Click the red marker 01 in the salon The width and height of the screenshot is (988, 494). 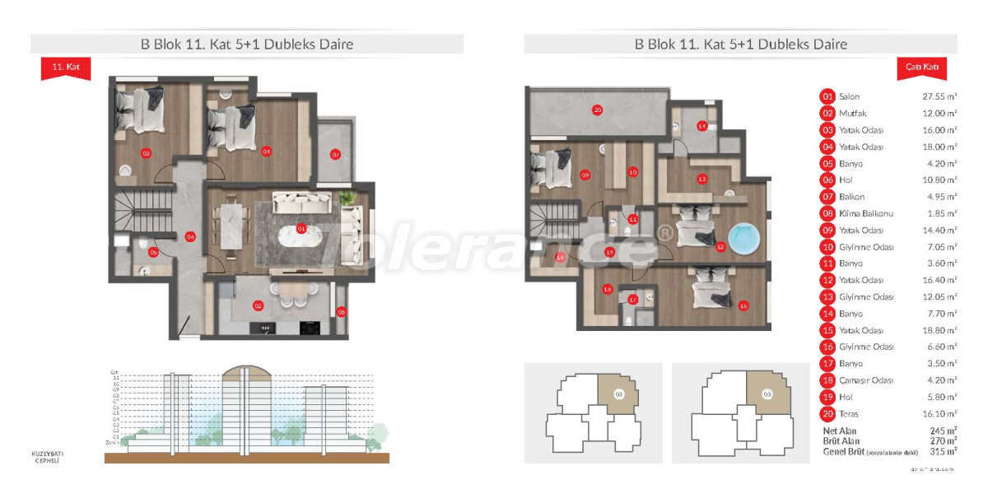click(301, 228)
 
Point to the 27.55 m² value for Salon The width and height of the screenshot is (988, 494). click(939, 96)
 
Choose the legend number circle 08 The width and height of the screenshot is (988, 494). click(827, 213)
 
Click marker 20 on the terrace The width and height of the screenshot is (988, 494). click(598, 110)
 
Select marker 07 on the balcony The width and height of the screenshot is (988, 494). click(335, 154)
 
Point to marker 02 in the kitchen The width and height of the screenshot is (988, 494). click(259, 305)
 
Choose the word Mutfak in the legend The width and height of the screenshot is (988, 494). click(853, 113)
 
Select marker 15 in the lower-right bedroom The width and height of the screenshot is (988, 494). click(743, 305)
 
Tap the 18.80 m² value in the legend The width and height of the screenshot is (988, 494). click(939, 330)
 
